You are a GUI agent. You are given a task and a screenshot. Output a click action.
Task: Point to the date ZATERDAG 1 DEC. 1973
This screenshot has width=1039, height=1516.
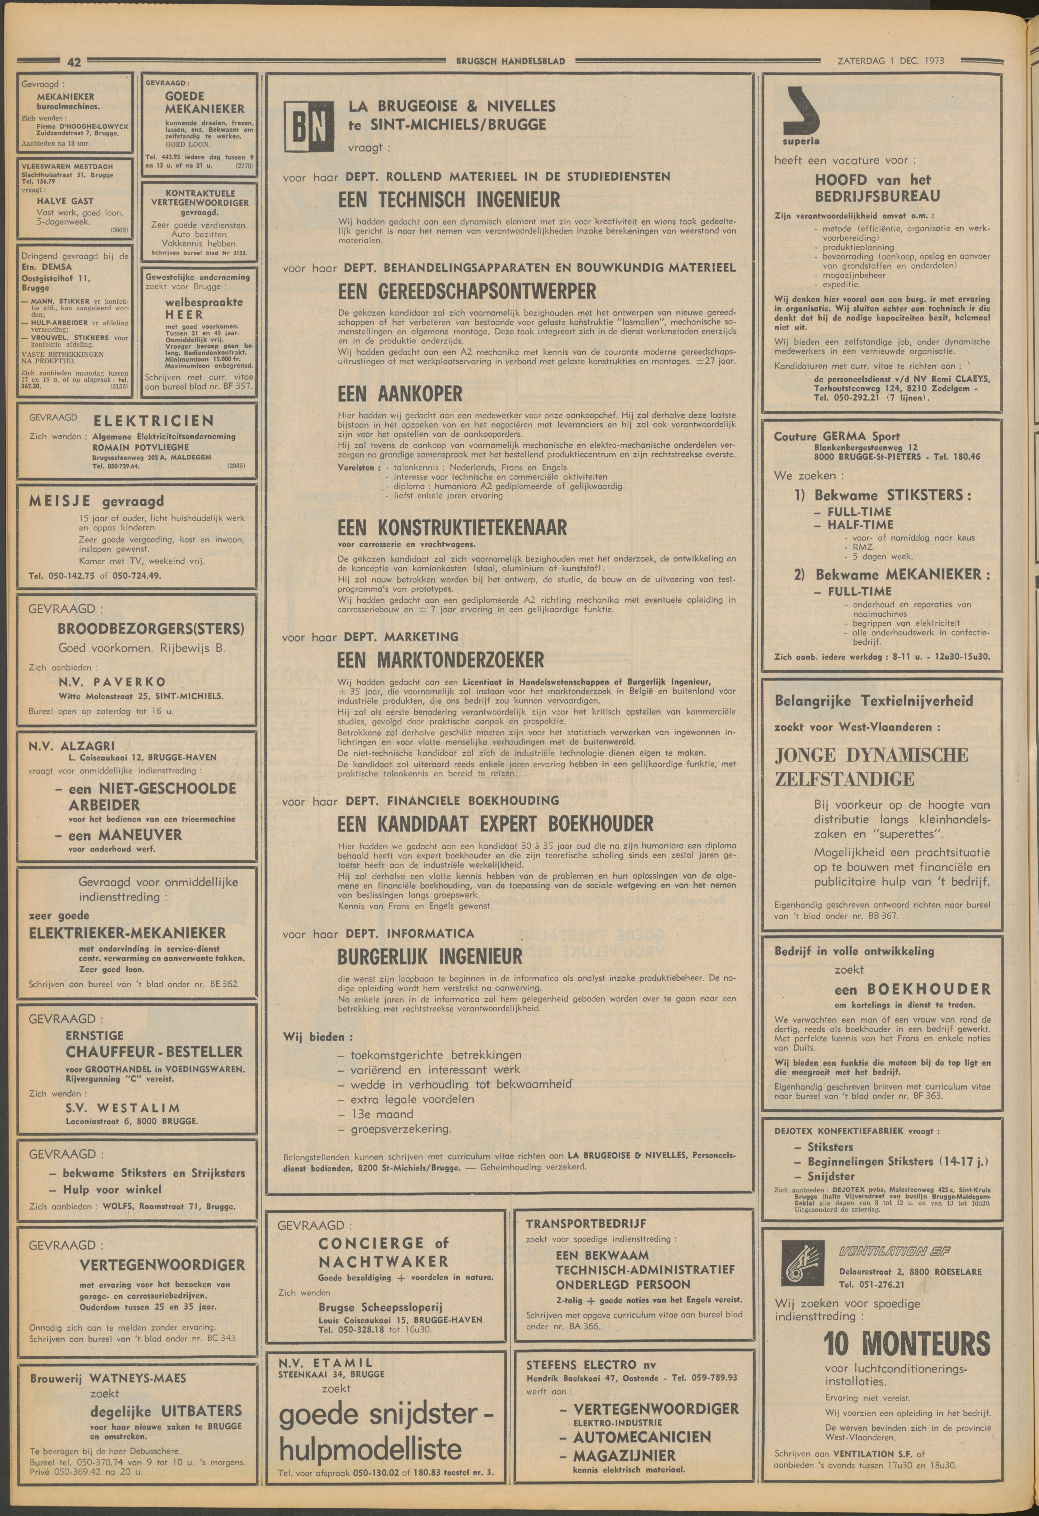pyautogui.click(x=891, y=61)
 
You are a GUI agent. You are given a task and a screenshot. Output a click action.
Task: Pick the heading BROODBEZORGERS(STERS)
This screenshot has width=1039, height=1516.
pyautogui.click(x=151, y=629)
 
